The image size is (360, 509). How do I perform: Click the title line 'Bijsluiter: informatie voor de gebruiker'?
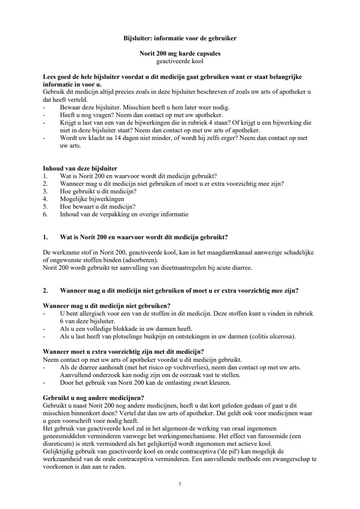pyautogui.click(x=180, y=38)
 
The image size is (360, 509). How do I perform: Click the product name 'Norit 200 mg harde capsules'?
pyautogui.click(x=180, y=54)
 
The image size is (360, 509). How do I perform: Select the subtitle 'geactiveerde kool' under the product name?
pyautogui.click(x=180, y=61)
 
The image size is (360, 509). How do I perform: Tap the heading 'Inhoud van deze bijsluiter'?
pyautogui.click(x=80, y=168)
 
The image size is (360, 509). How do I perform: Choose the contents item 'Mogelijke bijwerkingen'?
pyautogui.click(x=92, y=199)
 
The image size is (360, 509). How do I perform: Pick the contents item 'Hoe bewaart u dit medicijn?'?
pyautogui.click(x=98, y=207)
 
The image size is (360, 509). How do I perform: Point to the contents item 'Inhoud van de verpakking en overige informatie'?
pyautogui.click(x=124, y=214)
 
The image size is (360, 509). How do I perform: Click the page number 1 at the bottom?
pyautogui.click(x=180, y=484)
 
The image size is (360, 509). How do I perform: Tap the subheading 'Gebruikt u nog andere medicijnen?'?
pyautogui.click(x=93, y=398)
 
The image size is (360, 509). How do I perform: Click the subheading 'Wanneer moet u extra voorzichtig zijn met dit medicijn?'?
pyautogui.click(x=124, y=352)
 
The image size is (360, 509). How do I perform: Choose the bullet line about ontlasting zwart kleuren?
pyautogui.click(x=146, y=383)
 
